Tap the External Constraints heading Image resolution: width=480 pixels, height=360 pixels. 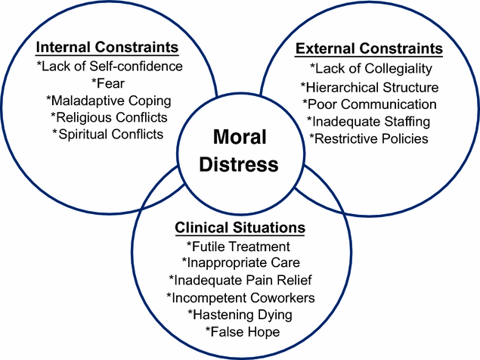coord(368,49)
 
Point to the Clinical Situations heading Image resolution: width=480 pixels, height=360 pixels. coord(240,228)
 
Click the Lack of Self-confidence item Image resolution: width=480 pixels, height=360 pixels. coord(110,67)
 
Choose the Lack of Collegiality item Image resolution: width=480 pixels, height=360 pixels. coord(369,70)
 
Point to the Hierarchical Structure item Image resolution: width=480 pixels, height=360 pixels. coord(369,87)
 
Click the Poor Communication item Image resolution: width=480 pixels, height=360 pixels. coord(369,104)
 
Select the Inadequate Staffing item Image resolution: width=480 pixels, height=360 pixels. coord(369,121)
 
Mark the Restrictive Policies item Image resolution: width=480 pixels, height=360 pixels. coord(369,138)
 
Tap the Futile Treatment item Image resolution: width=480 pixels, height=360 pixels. coord(239,246)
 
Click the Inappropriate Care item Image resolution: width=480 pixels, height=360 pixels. coord(239,262)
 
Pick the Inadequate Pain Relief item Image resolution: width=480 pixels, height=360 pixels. coord(239,280)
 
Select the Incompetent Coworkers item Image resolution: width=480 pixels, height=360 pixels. coord(239,297)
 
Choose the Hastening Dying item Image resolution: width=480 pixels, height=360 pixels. coord(239,314)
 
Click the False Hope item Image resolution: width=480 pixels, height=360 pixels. coord(239,331)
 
